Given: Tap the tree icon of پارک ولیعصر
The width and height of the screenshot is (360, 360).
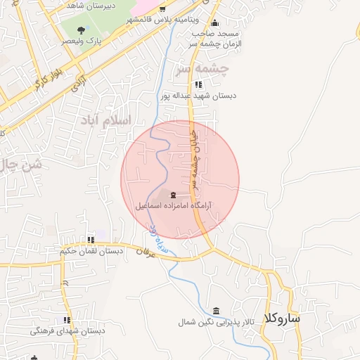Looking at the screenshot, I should (x=82, y=30).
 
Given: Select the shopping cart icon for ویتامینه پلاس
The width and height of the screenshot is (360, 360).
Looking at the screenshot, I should (x=162, y=10).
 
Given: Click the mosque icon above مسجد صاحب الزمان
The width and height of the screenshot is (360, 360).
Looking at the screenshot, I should (x=214, y=22).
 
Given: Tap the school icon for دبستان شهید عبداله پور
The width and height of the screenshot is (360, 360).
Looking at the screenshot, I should (x=198, y=84).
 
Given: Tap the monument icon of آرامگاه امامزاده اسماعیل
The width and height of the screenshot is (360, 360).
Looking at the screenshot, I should (x=173, y=195).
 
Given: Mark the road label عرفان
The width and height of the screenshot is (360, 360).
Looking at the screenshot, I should (x=143, y=251).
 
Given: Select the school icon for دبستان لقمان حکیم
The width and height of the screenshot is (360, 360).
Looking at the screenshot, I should (x=90, y=240).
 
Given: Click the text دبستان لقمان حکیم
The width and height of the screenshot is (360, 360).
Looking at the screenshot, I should (x=91, y=251).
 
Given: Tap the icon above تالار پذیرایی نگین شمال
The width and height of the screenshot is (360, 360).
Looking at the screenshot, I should (x=215, y=311).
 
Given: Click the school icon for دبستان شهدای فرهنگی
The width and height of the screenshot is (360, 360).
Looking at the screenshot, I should (x=67, y=320).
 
